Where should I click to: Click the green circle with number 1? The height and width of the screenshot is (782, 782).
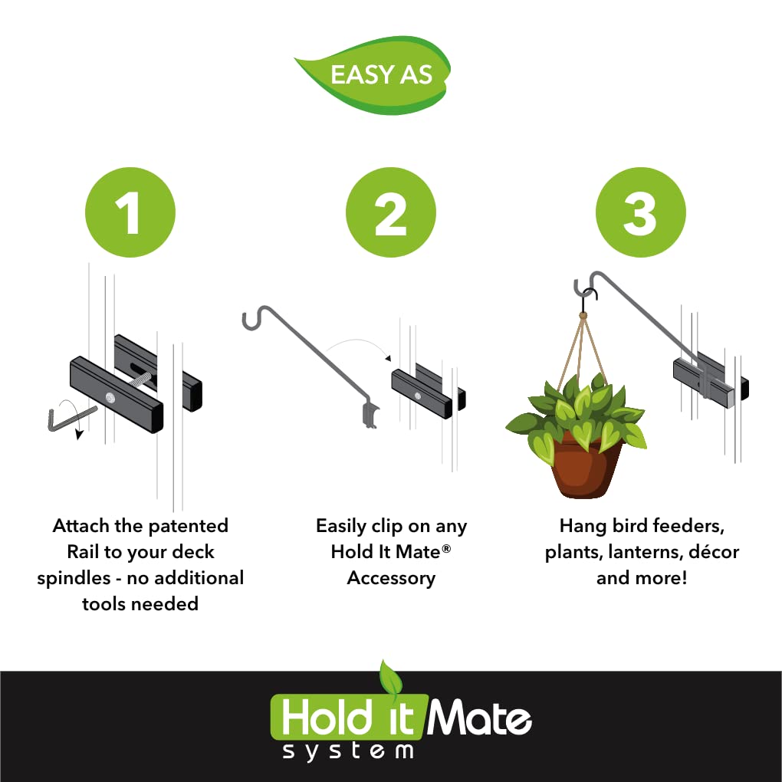pyautogui.click(x=130, y=212)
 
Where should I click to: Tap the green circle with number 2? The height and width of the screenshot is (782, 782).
pyautogui.click(x=390, y=212)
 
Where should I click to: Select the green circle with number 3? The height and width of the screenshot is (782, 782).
pyautogui.click(x=640, y=212)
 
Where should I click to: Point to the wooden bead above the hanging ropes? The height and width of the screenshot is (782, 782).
pyautogui.click(x=583, y=314)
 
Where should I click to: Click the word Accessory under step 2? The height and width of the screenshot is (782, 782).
pyautogui.click(x=391, y=578)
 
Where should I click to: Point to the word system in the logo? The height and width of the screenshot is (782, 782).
pyautogui.click(x=348, y=751)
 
